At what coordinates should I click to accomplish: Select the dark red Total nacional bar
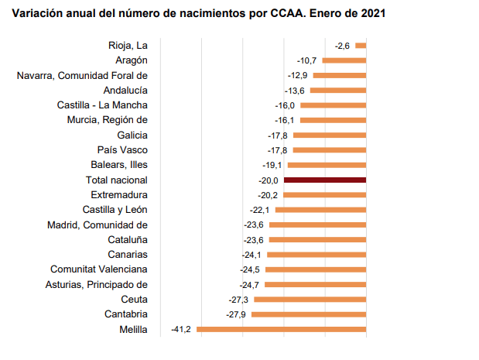coord(325,180)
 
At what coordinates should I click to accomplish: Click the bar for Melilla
coord(282,329)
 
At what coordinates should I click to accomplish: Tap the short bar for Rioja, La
coord(361,46)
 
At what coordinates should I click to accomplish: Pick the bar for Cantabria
coord(309,314)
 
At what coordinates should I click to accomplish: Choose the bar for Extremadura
coord(325,194)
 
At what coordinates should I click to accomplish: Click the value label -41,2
coord(181,329)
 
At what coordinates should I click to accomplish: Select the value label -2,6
coord(343,46)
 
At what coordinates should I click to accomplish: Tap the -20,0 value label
coord(269,180)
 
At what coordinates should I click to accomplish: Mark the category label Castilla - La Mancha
coord(102,105)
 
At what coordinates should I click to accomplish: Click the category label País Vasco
coord(122,149)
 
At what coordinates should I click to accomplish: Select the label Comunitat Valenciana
coord(99,269)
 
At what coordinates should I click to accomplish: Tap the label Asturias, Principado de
coord(97,284)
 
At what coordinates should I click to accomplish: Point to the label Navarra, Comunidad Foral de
coord(82,75)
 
